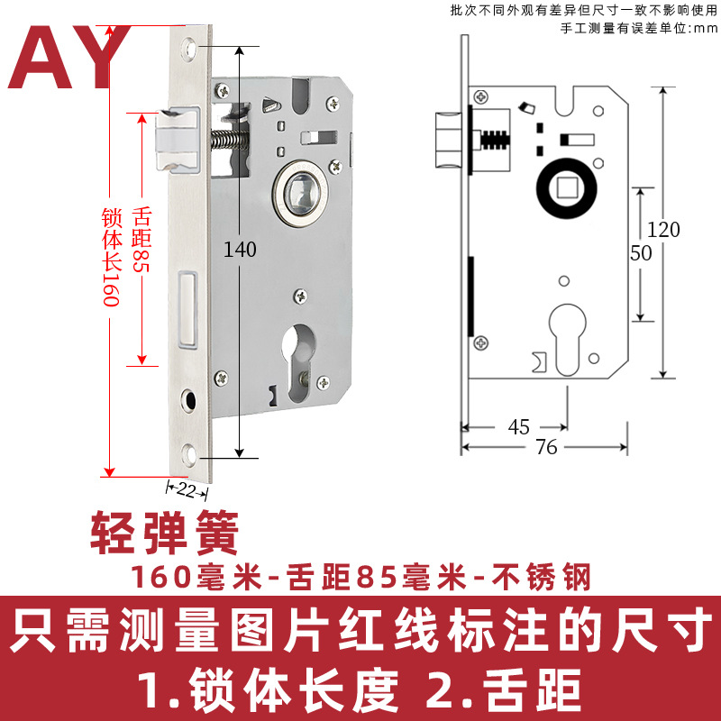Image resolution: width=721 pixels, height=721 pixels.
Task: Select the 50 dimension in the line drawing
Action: click(641, 253)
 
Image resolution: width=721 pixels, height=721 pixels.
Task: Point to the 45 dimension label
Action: click(519, 427)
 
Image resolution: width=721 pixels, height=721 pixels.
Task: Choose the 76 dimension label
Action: click(544, 447)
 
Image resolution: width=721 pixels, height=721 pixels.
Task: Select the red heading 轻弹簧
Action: click(164, 534)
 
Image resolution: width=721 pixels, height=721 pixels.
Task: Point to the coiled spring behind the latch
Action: click(231, 141)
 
